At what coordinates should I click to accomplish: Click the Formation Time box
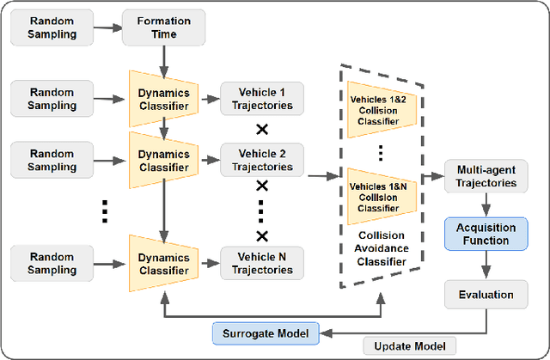(163, 27)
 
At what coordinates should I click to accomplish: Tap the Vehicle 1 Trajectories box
(262, 99)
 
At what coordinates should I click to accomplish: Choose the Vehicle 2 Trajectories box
(262, 161)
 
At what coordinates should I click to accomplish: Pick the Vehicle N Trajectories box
(262, 262)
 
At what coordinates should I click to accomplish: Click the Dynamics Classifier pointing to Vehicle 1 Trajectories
(163, 99)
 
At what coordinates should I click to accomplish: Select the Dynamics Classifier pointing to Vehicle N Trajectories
(163, 262)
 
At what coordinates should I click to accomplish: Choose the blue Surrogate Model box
(265, 331)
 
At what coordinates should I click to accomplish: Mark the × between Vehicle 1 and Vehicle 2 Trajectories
(262, 130)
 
